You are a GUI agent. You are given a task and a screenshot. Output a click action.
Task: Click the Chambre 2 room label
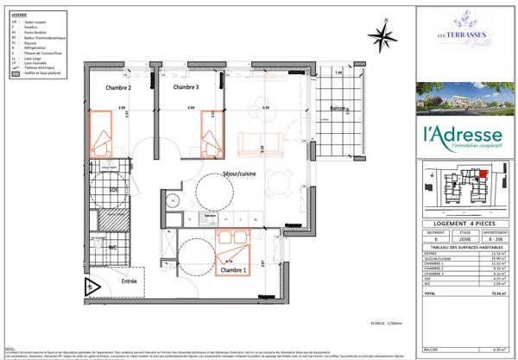pyautogui.click(x=118, y=88)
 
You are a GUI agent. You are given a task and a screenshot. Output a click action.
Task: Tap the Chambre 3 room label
pyautogui.click(x=186, y=88)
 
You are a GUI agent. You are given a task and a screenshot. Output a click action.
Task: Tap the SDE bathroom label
pyautogui.click(x=113, y=190)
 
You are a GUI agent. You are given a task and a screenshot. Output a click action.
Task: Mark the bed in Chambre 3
pyautogui.click(x=210, y=134)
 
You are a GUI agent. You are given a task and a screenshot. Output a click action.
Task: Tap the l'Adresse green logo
pyautogui.click(x=462, y=138)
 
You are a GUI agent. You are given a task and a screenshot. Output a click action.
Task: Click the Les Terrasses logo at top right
pyautogui.click(x=462, y=39)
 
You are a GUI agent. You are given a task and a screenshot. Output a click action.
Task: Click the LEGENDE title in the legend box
pyautogui.click(x=18, y=15)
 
